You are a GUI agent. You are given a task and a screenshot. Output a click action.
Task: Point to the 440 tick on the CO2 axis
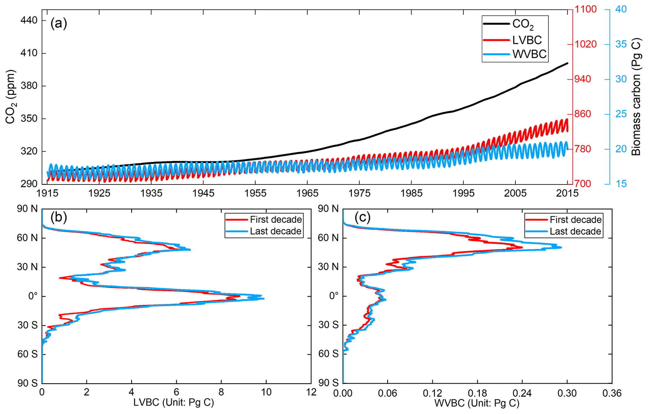tap(29, 20)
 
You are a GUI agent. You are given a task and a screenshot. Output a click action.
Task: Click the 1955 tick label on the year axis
tap(255, 193)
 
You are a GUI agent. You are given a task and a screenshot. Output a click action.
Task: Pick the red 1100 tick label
tap(586, 9)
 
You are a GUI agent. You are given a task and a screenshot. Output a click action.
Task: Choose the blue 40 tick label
tap(621, 9)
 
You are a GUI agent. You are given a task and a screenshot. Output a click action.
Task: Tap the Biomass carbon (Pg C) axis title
tap(636, 96)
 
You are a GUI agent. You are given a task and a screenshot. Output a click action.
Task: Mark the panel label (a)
tap(59, 23)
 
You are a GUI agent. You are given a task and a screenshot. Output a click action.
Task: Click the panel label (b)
tap(59, 217)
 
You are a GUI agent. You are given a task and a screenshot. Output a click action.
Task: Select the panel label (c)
tap(362, 217)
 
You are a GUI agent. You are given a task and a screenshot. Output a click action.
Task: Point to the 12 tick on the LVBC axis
tap(311, 392)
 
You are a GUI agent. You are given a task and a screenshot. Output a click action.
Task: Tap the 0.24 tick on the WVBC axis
tap(522, 393)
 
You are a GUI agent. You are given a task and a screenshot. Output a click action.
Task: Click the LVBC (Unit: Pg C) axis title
tap(174, 403)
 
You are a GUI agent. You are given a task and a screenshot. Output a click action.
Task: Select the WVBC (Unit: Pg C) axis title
tap(477, 403)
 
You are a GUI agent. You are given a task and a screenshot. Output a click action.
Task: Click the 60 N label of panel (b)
tap(27, 238)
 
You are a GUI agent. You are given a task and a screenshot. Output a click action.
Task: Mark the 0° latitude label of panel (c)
tap(334, 296)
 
